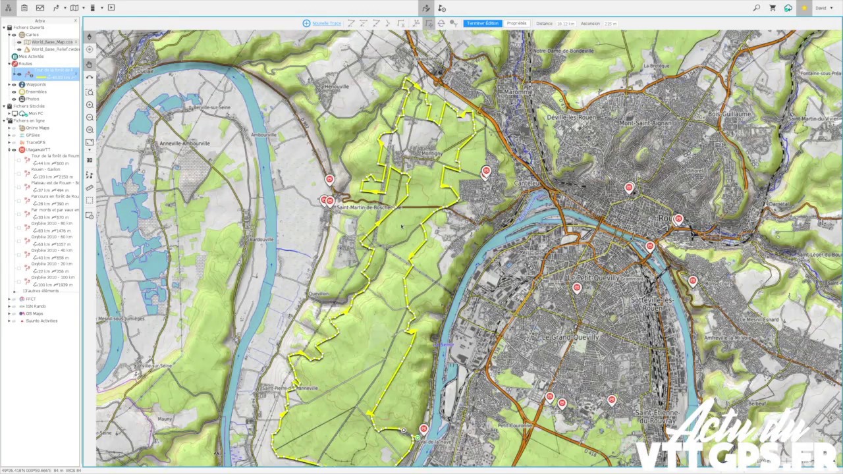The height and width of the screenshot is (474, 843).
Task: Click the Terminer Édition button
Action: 482,23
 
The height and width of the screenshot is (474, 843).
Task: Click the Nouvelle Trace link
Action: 326,23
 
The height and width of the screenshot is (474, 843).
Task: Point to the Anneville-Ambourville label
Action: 184,143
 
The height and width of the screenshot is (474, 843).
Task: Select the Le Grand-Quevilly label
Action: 570,337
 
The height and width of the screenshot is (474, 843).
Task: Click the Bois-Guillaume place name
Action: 729,114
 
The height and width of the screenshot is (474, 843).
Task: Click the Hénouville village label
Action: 337,86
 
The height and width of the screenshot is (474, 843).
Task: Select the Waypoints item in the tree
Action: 36,84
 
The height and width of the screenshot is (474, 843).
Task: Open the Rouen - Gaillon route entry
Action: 45,169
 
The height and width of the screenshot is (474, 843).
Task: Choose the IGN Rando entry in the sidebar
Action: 36,306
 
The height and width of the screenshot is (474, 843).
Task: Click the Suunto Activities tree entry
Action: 41,321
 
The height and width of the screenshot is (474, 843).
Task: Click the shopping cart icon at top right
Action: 773,8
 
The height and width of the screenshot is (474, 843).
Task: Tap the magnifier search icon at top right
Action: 756,8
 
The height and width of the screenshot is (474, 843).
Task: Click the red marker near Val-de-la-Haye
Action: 423,429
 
